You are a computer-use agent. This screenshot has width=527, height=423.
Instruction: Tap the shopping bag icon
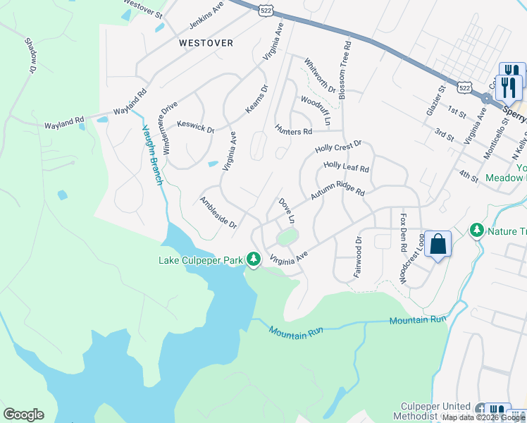[x=438, y=245]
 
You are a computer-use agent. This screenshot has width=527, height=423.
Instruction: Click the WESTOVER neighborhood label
[x=206, y=43]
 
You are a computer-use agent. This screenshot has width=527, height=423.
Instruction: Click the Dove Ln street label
[x=286, y=210]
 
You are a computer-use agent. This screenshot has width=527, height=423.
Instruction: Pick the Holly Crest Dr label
[x=338, y=147]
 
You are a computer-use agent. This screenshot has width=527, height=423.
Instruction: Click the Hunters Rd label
[x=293, y=131]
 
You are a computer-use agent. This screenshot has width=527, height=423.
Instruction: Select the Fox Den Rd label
[x=404, y=233]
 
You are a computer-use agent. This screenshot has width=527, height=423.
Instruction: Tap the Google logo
[x=23, y=415]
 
